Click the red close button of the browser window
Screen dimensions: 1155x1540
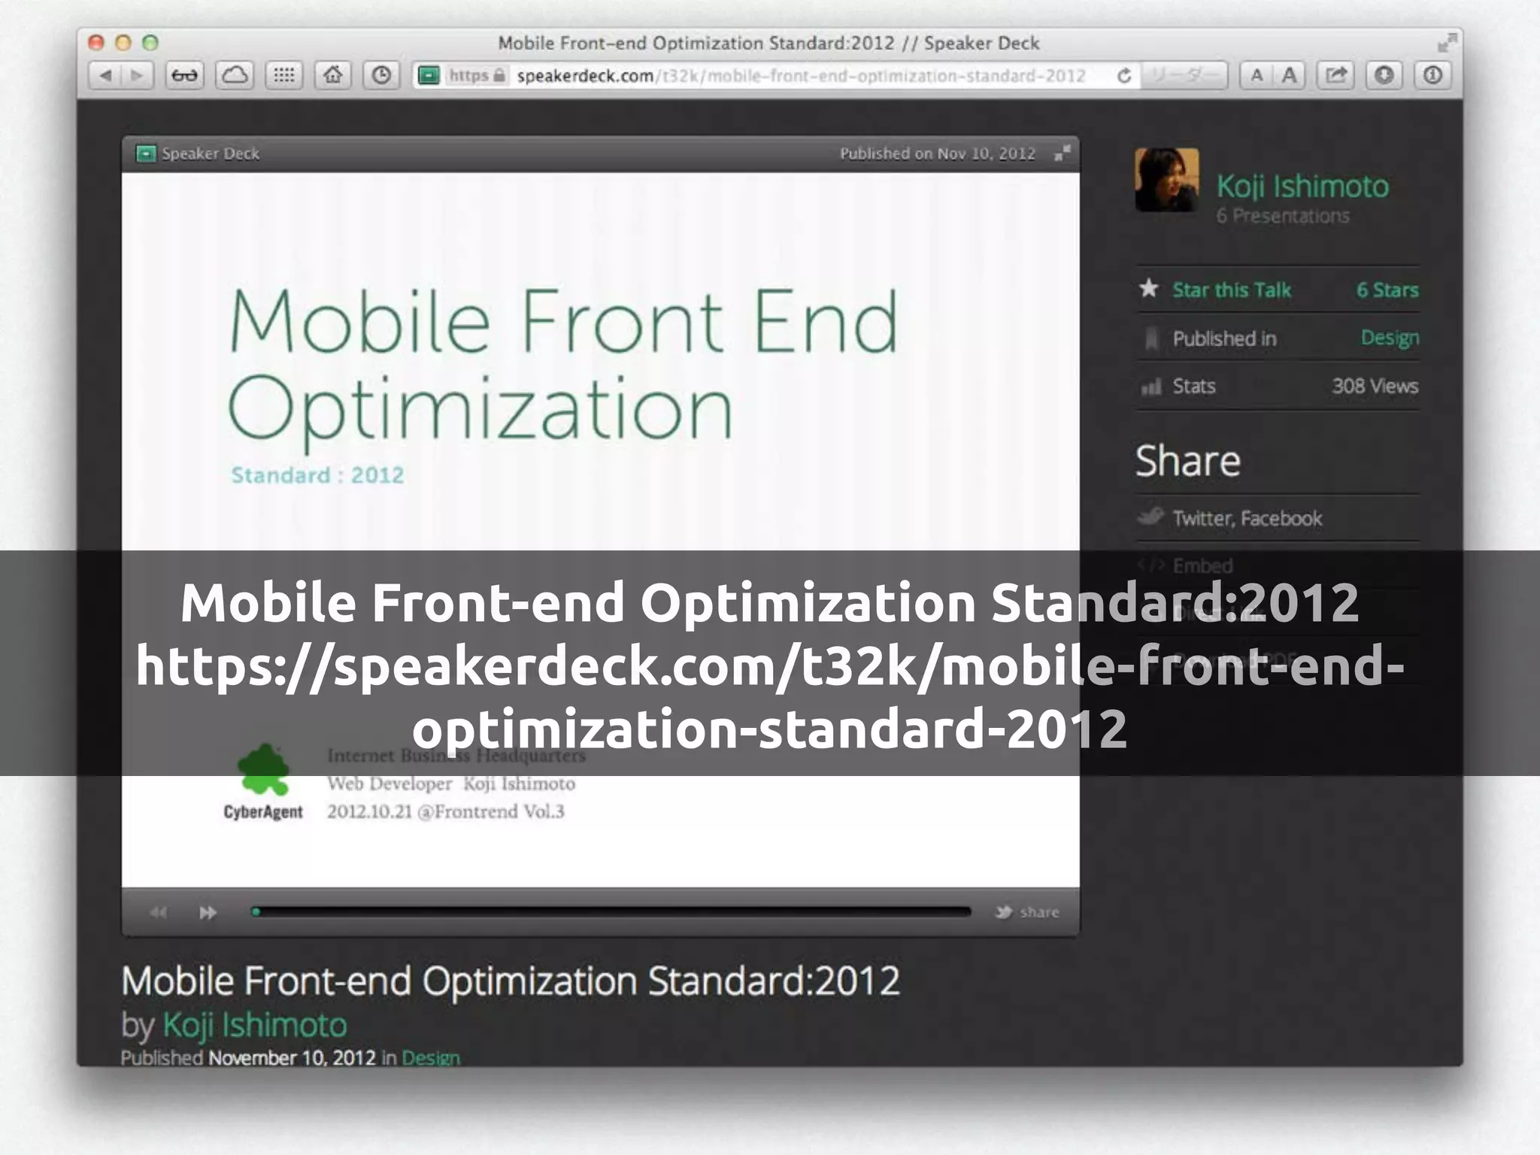coord(95,43)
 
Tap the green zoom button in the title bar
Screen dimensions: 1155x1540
coord(150,43)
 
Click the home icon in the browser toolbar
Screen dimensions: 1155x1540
coord(332,75)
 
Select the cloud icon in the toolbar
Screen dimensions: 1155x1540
coord(235,75)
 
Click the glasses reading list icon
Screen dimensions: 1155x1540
coord(184,75)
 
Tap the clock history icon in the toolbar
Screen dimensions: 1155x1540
coord(381,75)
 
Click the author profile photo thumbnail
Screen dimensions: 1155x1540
coord(1166,180)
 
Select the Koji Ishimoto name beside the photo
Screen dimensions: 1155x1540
coord(1302,186)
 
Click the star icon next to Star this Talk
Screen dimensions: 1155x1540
coord(1148,288)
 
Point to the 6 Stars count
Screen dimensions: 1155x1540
coord(1387,290)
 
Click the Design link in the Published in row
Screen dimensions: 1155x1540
coord(1390,338)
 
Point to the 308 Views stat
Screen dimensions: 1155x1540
coord(1375,386)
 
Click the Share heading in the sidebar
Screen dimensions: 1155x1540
coord(1187,460)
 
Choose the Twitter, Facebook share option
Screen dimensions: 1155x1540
coord(1247,518)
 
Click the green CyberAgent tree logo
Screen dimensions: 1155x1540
coord(262,771)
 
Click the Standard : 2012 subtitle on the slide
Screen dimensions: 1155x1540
coord(317,475)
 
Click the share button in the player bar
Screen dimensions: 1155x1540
coord(1028,912)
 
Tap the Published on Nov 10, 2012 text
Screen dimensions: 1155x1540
coord(937,153)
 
